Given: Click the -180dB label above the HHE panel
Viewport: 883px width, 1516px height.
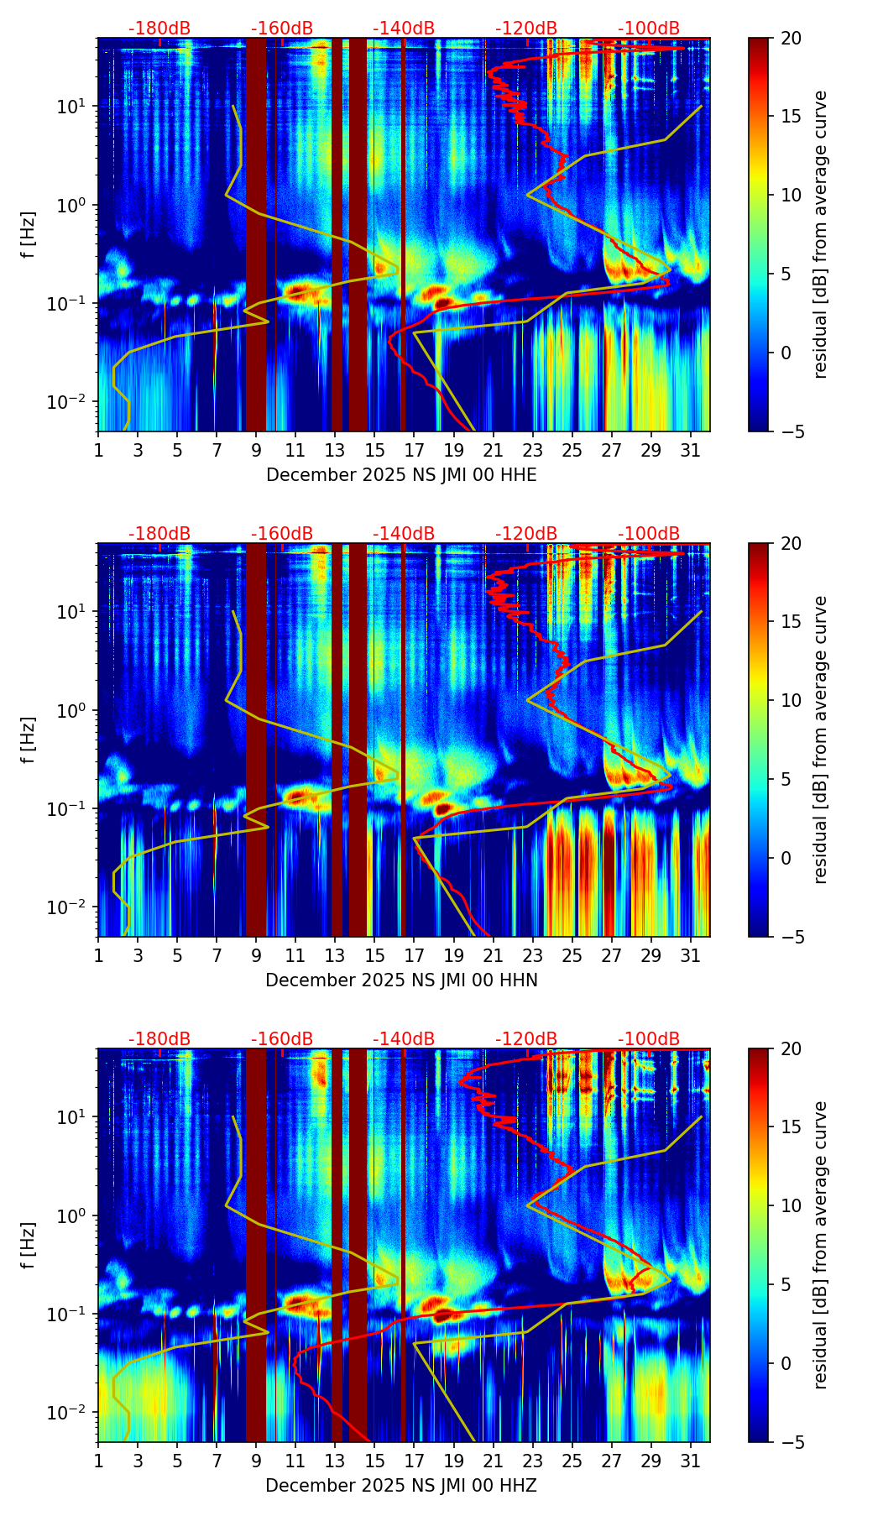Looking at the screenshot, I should click(159, 29).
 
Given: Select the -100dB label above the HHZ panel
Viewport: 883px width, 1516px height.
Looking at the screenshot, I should click(649, 1039).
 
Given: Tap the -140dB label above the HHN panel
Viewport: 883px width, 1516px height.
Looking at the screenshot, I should click(404, 534).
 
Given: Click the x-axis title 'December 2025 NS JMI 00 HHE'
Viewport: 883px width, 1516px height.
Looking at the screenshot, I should click(401, 475).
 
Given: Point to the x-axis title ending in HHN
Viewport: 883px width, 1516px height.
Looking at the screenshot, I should click(401, 980).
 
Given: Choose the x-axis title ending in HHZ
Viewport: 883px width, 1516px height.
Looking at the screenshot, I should click(401, 1486).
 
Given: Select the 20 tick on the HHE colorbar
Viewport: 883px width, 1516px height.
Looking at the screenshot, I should click(792, 38).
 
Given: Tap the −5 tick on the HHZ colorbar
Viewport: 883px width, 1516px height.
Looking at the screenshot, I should click(792, 1442).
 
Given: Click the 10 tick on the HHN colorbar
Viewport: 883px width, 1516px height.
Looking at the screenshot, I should click(792, 700).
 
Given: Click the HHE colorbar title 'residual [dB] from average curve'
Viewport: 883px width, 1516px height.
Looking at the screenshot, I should click(821, 234).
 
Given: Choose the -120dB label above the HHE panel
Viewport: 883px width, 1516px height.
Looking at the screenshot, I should click(526, 29).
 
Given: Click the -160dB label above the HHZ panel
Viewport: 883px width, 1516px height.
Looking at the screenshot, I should click(282, 1039).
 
